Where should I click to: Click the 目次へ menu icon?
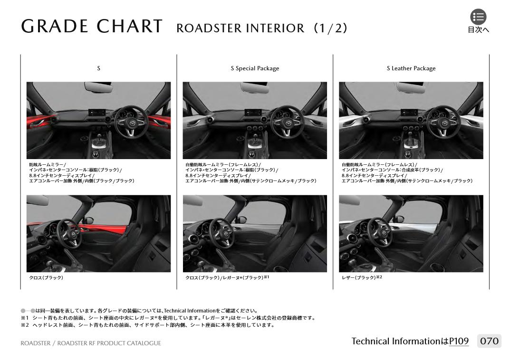tap(478, 17)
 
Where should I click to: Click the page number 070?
tap(489, 341)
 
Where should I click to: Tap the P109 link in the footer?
tap(459, 341)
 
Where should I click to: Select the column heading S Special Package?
tap(255, 68)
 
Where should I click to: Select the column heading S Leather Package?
tap(411, 68)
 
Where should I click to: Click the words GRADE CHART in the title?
tap(92, 26)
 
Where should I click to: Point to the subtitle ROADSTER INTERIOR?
tap(241, 28)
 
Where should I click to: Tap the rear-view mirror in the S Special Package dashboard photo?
tap(254, 87)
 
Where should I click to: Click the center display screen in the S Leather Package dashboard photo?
tap(409, 112)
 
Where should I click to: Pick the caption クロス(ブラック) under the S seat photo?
tap(46, 278)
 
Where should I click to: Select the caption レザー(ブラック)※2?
tap(362, 277)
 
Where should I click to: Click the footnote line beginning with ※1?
tap(168, 318)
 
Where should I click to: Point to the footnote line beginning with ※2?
tap(148, 325)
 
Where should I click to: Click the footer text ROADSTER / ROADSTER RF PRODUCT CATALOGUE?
tap(91, 343)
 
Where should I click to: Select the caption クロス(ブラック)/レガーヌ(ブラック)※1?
tap(227, 277)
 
